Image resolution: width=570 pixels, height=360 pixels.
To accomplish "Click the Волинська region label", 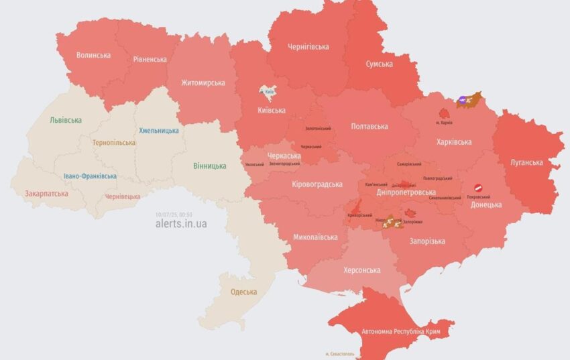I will click(x=93, y=55).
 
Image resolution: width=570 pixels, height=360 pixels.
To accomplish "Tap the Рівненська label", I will click(x=150, y=59).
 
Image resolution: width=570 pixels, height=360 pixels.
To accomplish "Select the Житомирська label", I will click(x=203, y=83).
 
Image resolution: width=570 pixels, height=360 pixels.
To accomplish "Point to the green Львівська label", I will click(x=66, y=120).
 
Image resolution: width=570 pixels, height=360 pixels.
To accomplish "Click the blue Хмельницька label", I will click(x=158, y=131).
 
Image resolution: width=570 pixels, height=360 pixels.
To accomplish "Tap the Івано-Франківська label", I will click(x=90, y=176).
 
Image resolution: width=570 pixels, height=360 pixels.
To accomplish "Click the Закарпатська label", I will click(x=46, y=193).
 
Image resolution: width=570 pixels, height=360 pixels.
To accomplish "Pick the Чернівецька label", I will click(x=123, y=196).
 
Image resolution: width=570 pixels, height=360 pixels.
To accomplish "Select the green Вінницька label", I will click(x=209, y=166).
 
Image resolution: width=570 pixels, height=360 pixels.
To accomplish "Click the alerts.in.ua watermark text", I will click(x=181, y=224).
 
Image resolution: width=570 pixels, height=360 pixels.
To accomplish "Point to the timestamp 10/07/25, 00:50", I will click(x=174, y=215).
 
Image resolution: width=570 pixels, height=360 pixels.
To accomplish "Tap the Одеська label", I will click(x=243, y=292).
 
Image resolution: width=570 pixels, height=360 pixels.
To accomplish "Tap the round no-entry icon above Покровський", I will click(x=479, y=189).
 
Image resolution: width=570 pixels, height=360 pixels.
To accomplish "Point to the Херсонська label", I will click(x=363, y=270).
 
